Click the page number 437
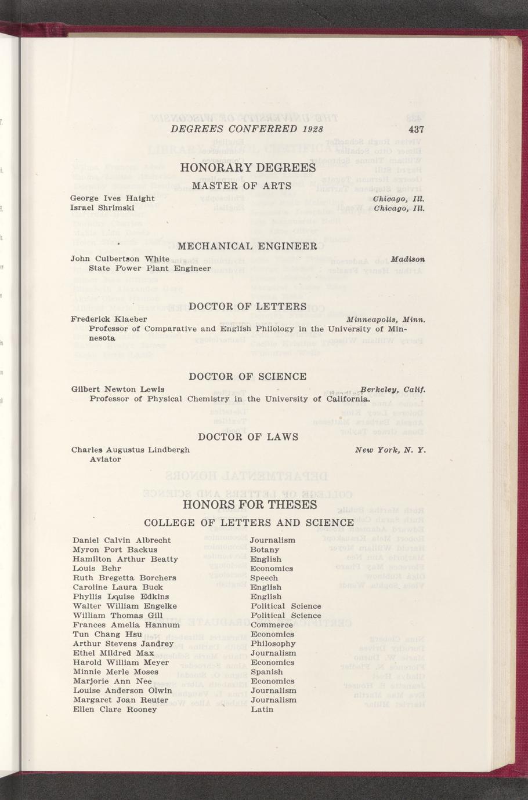coord(416,129)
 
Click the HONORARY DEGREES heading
coord(248,168)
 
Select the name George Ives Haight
coord(112,198)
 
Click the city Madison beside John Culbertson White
coord(408,259)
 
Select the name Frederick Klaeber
coord(109,319)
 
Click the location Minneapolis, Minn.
coord(386,319)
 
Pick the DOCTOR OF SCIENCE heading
coord(248,377)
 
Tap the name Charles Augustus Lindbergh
coord(130,449)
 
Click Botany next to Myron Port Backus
coord(265,550)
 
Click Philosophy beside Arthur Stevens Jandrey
coord(273,643)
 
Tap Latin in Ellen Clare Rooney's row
coord(262,709)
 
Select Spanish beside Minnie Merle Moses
coord(267,672)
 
